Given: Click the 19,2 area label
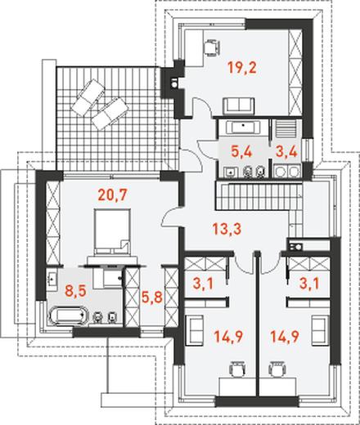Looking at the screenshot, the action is [242, 68].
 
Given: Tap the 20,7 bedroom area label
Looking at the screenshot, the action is [113, 195].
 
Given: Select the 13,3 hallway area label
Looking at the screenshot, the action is [227, 229].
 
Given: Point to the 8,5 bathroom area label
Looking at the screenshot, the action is [75, 291].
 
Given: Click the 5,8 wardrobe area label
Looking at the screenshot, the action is [152, 297].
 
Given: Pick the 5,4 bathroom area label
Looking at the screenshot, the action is [241, 151].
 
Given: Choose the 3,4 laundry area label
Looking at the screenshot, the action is [286, 151].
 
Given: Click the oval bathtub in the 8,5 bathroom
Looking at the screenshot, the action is [69, 316].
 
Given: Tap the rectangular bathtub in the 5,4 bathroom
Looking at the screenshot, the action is [243, 127].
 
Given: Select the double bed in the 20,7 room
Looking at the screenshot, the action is [112, 231].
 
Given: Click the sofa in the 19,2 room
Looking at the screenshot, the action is [239, 105].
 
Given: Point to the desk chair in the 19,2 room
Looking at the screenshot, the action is [212, 48].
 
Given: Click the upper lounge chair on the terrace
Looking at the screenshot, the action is [88, 96].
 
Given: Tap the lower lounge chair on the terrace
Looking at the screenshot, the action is [110, 114].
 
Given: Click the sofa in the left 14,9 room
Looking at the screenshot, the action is [194, 330].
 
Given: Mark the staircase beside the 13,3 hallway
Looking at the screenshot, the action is [259, 196].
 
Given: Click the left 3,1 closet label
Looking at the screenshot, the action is [204, 284].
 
